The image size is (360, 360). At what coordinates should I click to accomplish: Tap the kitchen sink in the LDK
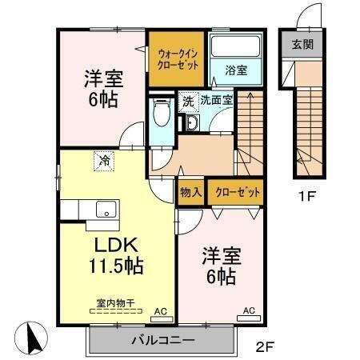(103, 210)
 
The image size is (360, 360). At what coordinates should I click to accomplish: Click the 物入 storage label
(190, 192)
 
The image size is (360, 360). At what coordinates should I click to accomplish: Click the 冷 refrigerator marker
(104, 160)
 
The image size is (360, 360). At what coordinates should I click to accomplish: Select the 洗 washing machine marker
(188, 102)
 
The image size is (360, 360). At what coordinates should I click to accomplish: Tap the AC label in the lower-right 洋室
(247, 310)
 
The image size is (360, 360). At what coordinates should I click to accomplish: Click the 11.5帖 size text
(116, 266)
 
